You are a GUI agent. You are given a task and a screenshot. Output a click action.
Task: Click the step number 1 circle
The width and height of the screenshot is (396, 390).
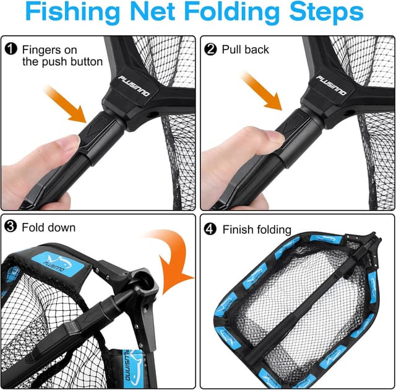pyautogui.click(x=11, y=48)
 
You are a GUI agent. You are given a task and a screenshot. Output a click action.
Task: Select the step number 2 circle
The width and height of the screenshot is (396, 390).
pyautogui.click(x=211, y=48)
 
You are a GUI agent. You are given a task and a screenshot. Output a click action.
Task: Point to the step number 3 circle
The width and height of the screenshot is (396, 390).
pyautogui.click(x=11, y=227)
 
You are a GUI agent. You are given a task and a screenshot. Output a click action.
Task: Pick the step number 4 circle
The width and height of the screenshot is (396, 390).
pyautogui.click(x=211, y=230)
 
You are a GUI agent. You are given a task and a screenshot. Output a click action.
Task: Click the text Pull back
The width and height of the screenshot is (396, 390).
pyautogui.click(x=246, y=48)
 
